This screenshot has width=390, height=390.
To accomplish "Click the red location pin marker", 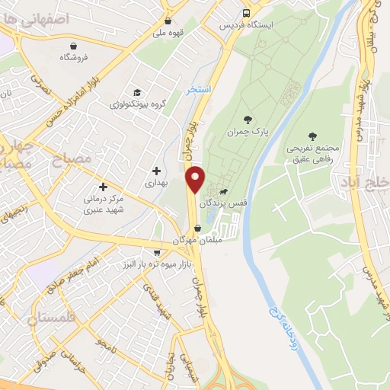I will (196, 179).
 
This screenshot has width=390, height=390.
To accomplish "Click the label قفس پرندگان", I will (222, 203).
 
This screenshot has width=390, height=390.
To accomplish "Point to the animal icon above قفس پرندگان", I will (225, 191).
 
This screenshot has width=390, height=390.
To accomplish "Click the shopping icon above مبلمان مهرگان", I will (198, 228).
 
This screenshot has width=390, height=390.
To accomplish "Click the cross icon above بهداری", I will (156, 171).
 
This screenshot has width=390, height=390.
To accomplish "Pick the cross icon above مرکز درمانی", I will (104, 186).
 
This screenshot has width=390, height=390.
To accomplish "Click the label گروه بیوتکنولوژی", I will (135, 103).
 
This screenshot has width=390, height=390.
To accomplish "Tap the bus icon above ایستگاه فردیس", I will (246, 13).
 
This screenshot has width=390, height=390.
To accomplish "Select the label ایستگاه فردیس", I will (245, 24).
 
